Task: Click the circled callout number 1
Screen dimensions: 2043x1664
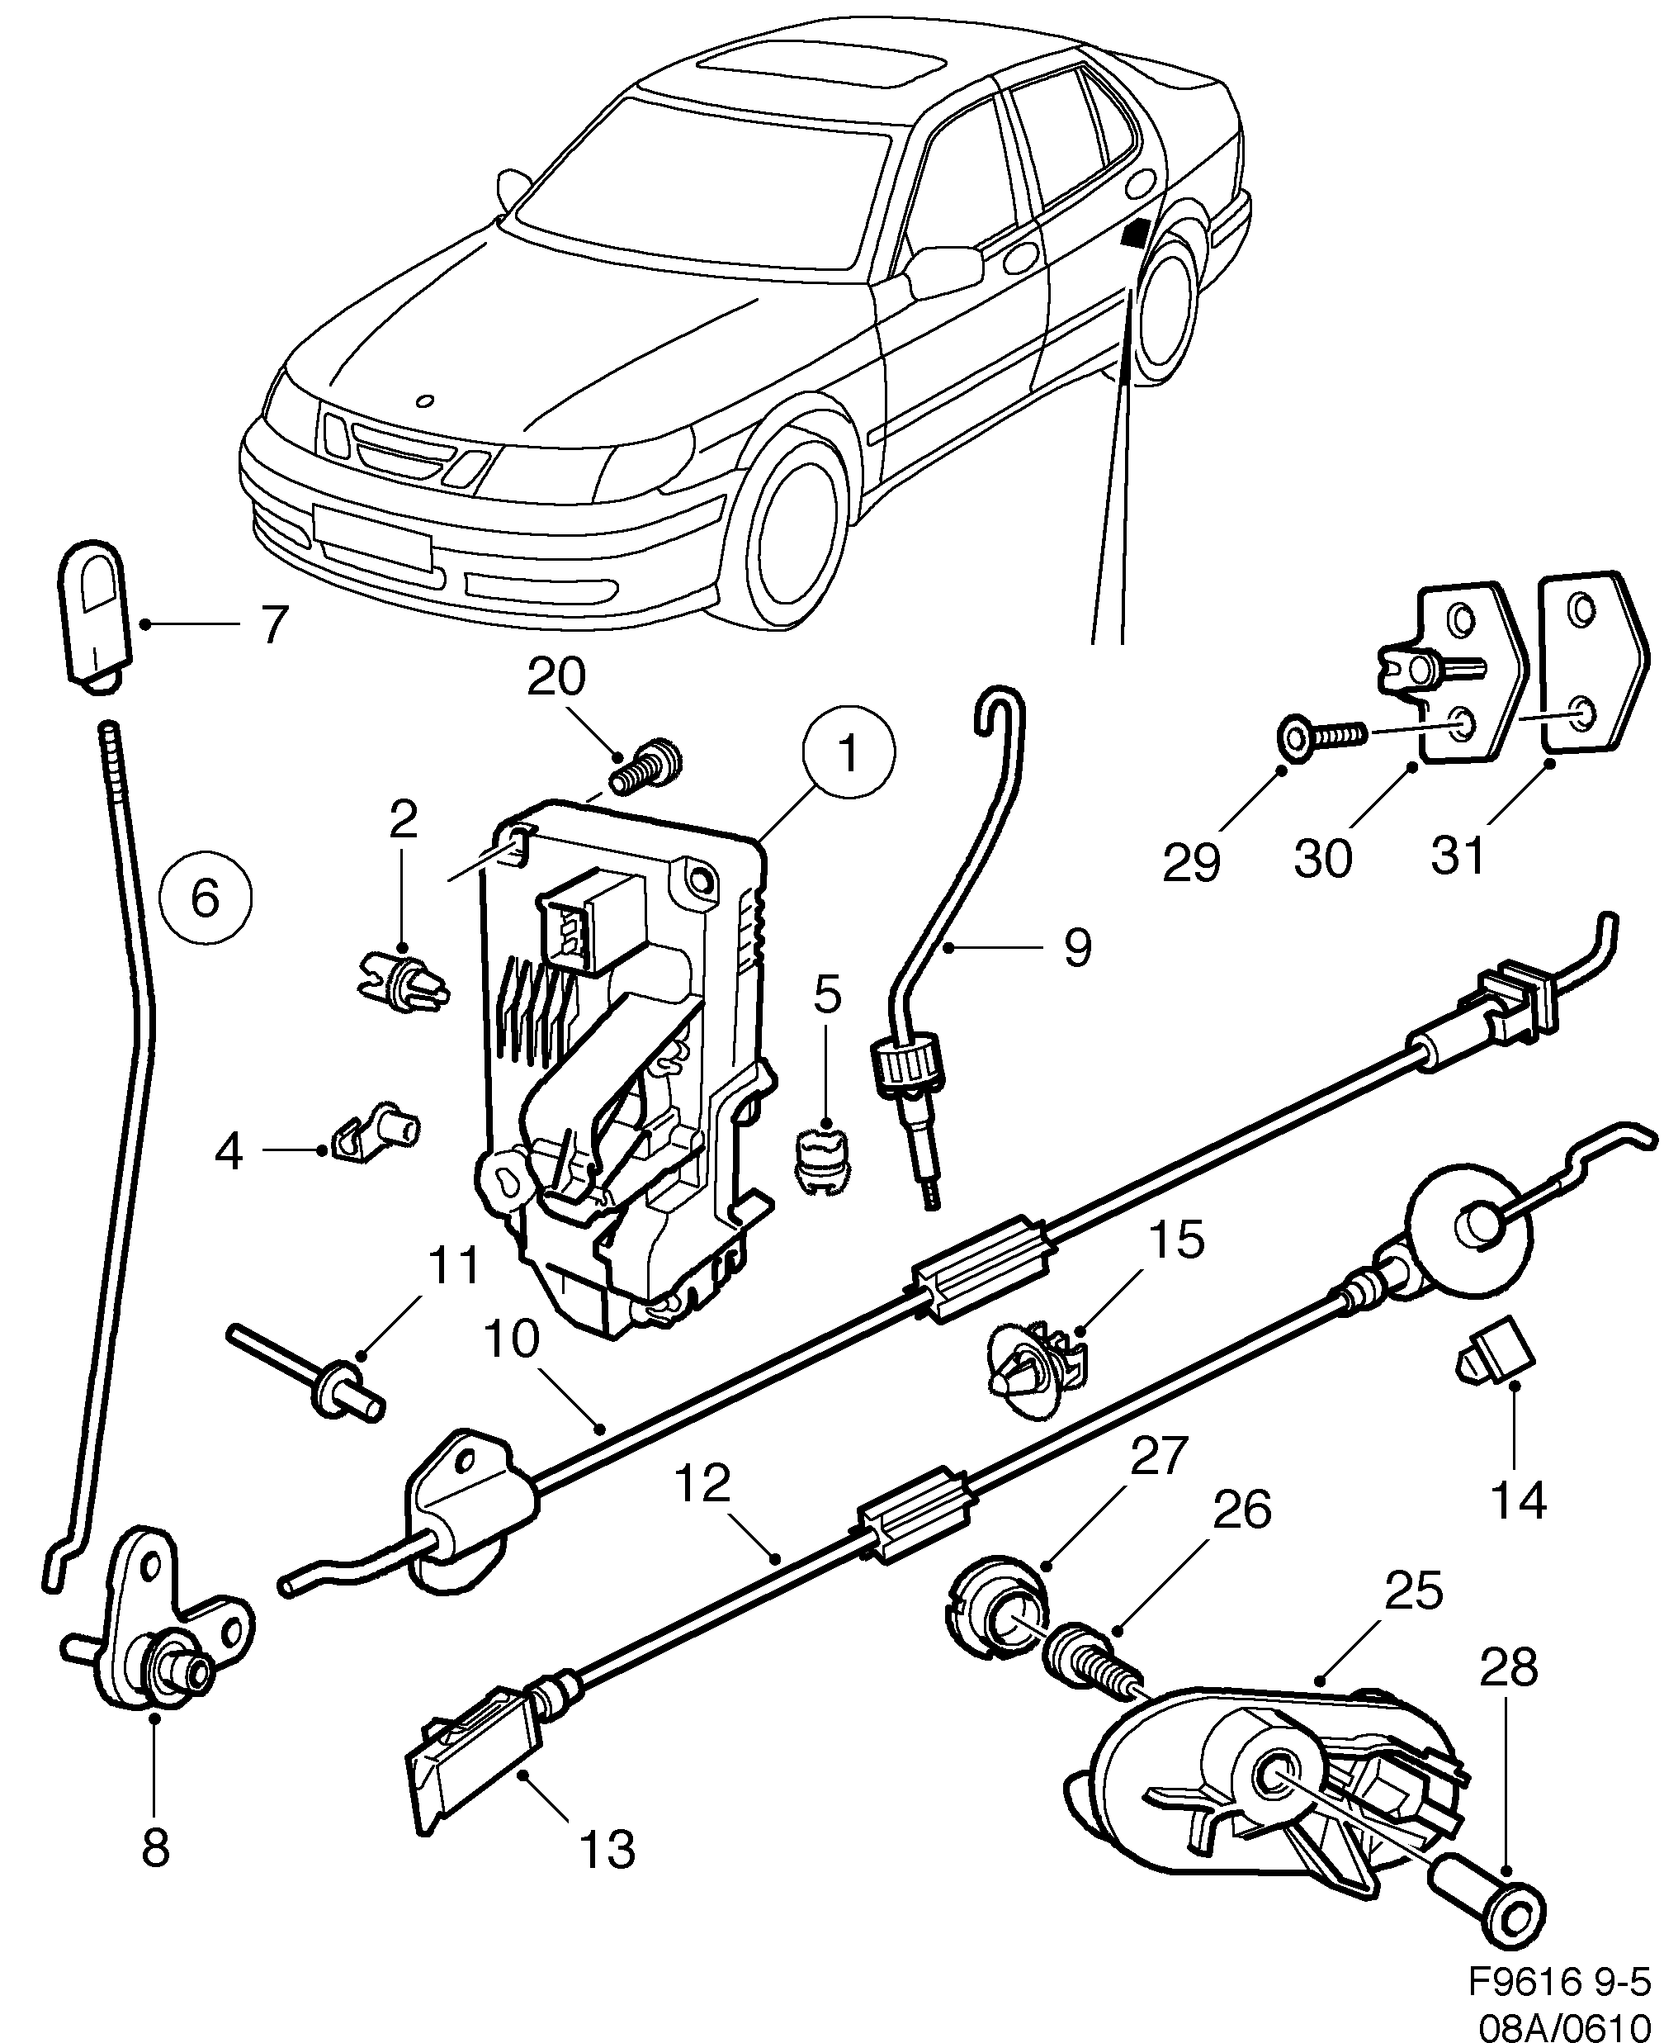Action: [x=849, y=754]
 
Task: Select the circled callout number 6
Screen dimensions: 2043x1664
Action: [x=206, y=899]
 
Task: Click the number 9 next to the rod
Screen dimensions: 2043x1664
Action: [x=1077, y=948]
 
